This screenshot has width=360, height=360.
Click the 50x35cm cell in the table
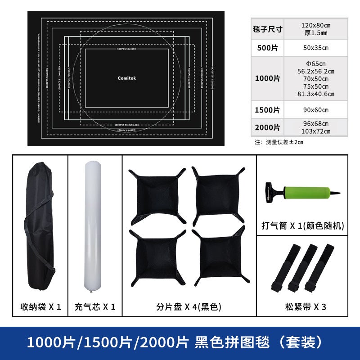coord(315,48)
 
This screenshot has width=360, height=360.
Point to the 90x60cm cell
coord(315,110)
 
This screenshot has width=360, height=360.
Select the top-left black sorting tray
coord(157,196)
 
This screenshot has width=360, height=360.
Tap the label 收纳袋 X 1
coord(40,307)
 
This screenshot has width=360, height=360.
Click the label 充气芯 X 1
coord(94,307)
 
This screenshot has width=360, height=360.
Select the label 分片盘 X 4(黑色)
coord(189,307)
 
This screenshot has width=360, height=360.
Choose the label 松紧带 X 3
coord(305,307)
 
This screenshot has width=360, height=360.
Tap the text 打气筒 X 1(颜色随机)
coord(303,226)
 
